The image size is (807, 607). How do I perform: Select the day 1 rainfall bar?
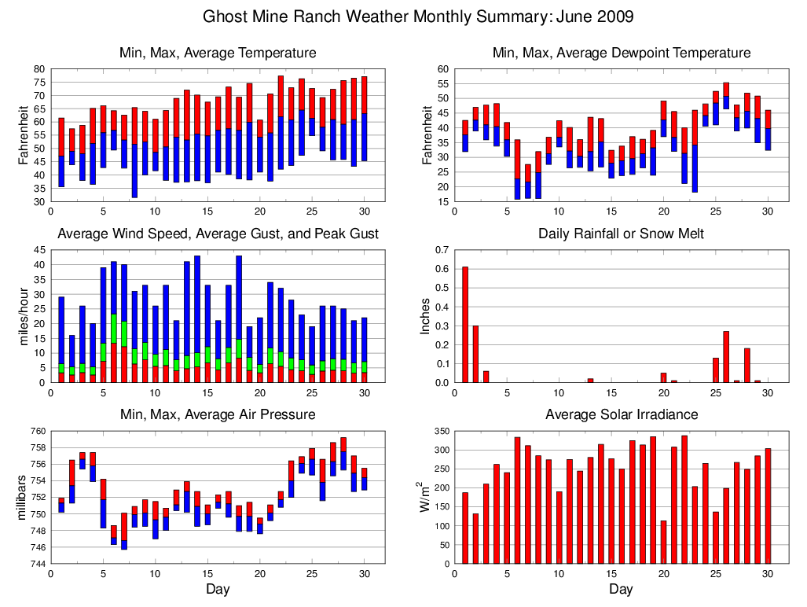coord(465,325)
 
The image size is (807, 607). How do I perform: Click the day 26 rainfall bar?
coord(726,357)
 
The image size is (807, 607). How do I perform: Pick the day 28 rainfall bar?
coord(747,366)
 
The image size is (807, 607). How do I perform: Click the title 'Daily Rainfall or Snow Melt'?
coord(621,234)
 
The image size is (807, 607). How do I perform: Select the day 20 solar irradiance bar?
coord(664,543)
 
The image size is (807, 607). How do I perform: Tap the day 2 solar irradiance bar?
coord(475,539)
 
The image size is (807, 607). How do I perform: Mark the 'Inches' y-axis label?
coord(425,316)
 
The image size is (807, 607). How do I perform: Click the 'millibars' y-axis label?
coord(23,497)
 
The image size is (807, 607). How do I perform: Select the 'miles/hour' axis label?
coord(23,316)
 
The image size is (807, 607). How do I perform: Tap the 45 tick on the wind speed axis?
coord(39,251)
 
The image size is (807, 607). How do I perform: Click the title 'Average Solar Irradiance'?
coord(621,414)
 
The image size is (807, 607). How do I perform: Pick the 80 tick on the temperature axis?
coord(39,69)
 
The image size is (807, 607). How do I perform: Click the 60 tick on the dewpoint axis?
coord(443,69)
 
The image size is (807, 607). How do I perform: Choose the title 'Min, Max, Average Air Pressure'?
coord(218,414)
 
